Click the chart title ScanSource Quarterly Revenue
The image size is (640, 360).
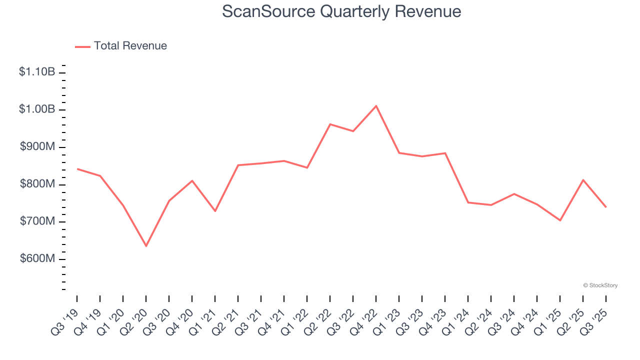pos(341,11)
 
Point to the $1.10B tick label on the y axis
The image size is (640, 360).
pos(37,72)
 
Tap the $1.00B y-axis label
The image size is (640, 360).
pos(37,109)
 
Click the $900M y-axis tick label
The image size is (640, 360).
pos(37,147)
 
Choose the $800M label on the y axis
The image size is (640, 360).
pos(37,184)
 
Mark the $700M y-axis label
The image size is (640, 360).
pos(37,221)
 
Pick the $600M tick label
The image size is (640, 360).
pos(37,259)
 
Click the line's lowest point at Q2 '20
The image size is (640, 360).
pos(146,246)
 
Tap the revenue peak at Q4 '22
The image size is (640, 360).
pos(376,106)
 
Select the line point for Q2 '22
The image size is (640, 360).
pos(330,124)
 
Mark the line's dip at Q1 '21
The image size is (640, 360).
pos(215,211)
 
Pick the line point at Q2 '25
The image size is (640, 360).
pos(583,180)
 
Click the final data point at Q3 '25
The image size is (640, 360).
pos(606,207)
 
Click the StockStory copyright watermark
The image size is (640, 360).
pos(600,285)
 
